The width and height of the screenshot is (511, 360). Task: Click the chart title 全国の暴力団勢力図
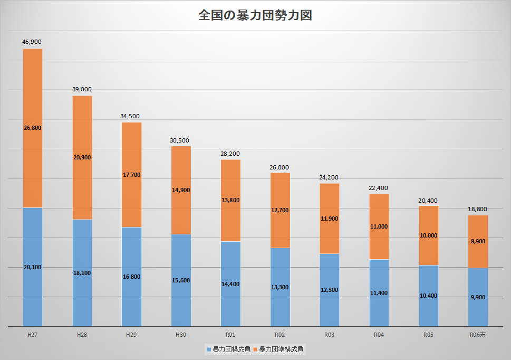tap(255, 15)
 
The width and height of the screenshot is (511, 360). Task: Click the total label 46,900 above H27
tap(32, 42)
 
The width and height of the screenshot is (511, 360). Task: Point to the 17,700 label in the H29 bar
tap(131, 175)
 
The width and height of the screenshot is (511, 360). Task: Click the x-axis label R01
tap(230, 335)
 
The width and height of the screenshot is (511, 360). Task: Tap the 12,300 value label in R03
tap(330, 290)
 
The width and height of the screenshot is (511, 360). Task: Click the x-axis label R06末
tap(478, 335)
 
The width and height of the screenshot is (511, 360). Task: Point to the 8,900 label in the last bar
tap(478, 241)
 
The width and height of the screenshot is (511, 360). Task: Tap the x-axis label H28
tap(82, 335)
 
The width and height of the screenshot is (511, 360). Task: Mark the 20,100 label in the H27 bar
tap(33, 267)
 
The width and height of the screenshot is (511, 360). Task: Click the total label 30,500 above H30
tap(181, 140)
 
